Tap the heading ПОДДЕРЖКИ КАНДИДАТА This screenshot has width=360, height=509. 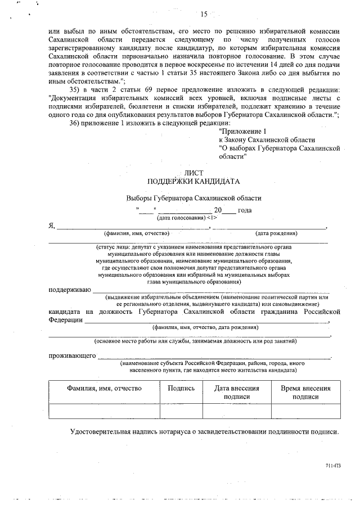(x=193, y=182)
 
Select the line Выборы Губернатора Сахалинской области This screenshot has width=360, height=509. (x=193, y=199)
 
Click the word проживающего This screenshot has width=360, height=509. (x=73, y=357)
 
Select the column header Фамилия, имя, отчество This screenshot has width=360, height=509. (x=104, y=388)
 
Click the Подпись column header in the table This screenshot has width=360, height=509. (x=181, y=388)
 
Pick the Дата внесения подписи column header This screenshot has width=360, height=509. (x=237, y=392)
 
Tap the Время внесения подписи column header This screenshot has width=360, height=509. (x=305, y=392)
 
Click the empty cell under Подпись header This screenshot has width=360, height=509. (x=181, y=411)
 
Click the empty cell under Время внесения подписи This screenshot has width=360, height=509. (x=305, y=411)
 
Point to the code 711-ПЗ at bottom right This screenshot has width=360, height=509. (x=333, y=466)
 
